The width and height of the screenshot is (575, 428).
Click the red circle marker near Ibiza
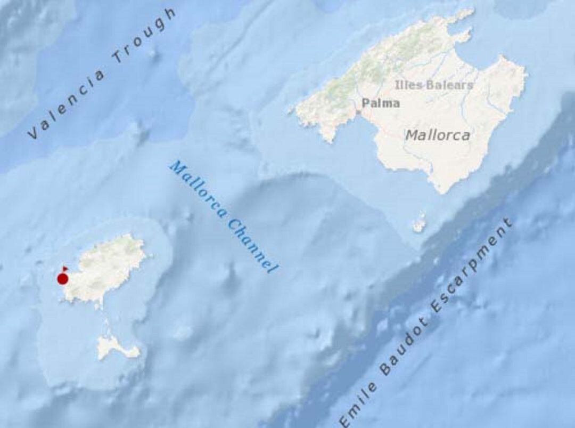pos(62,279)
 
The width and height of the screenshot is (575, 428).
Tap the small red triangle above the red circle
pos(65,268)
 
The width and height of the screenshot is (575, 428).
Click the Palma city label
pos(380,103)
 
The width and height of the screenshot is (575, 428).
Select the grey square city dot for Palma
pos(358,112)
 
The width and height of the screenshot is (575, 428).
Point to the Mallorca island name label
pos(438,135)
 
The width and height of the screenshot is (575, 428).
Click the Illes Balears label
pos(434,85)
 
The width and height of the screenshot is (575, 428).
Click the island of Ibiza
pos(106,267)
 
